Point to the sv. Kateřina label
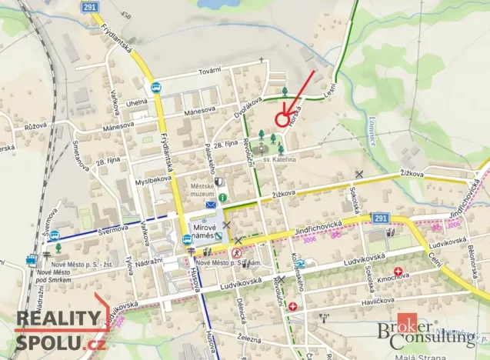point(280,159)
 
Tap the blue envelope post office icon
point(211,205)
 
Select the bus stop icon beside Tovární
point(157,88)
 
